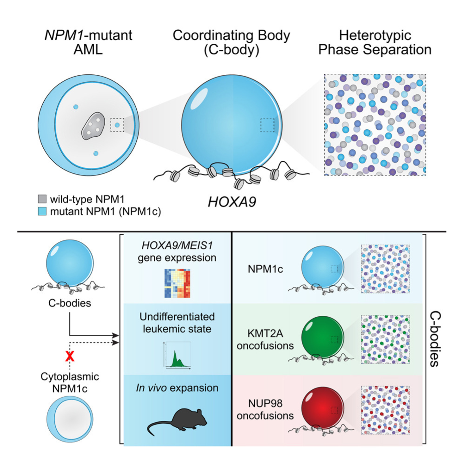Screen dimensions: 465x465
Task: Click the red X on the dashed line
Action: [x=70, y=356]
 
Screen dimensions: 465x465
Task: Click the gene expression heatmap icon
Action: [x=177, y=283]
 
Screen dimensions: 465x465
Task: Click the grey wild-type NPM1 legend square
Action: [x=42, y=199]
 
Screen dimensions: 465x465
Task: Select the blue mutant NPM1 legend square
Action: [x=42, y=211]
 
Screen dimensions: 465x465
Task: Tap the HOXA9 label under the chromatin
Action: [x=232, y=202]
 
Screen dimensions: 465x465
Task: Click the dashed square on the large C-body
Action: [x=267, y=125]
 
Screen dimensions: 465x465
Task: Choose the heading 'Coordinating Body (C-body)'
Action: [x=231, y=42]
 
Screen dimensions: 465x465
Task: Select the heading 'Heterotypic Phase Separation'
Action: [x=375, y=42]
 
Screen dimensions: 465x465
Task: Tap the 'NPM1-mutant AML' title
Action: [x=88, y=42]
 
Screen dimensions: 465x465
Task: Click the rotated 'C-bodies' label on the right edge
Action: [x=435, y=339]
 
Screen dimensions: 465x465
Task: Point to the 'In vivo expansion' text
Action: [x=177, y=388]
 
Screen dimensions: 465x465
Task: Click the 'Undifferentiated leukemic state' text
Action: [x=177, y=323]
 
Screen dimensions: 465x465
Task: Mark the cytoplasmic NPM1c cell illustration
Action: [x=70, y=419]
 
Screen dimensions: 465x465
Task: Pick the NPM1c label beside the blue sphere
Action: [x=265, y=269]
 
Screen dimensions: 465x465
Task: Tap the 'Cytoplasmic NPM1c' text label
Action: [x=70, y=382]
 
